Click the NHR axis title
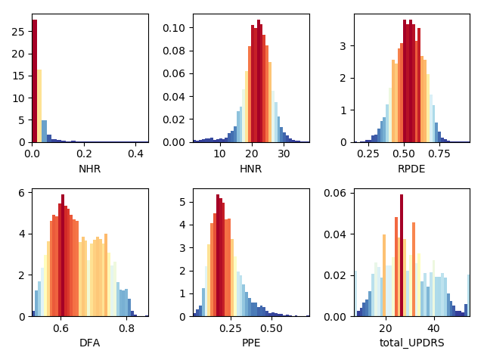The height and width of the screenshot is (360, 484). [x=89, y=169]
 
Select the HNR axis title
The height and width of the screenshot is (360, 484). [x=250, y=169]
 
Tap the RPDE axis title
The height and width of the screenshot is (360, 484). [x=411, y=169]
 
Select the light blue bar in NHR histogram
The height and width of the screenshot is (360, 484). [x=44, y=131]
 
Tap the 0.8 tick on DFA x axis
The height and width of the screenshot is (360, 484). [x=126, y=328]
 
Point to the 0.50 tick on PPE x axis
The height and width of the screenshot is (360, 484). [x=271, y=328]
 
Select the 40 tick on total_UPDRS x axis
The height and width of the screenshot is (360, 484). [x=433, y=328]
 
